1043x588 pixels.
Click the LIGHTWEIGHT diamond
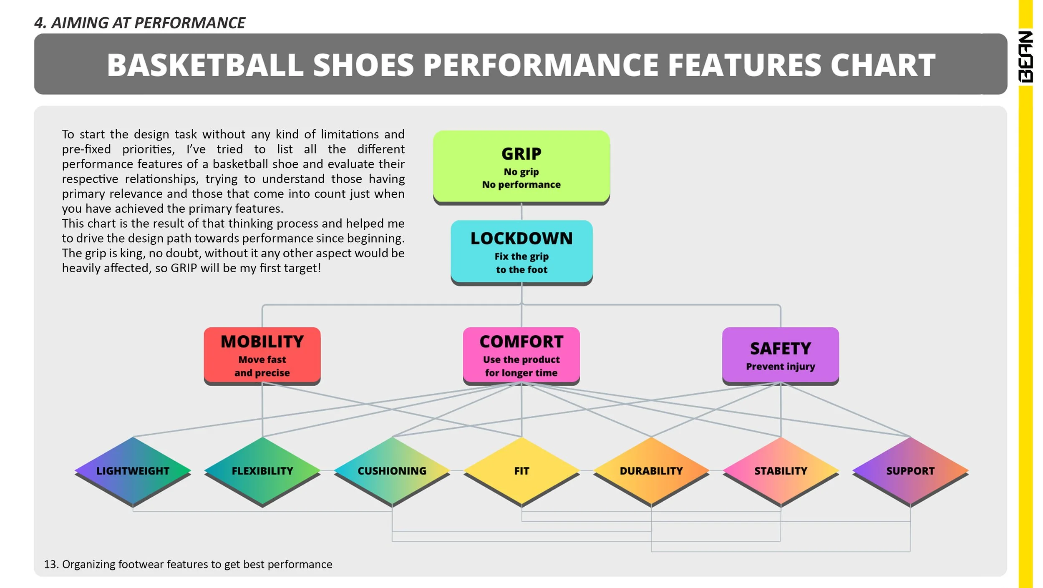pyautogui.click(x=133, y=471)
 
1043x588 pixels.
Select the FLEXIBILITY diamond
pyautogui.click(x=262, y=471)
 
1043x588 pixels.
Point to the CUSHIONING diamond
pyautogui.click(x=392, y=471)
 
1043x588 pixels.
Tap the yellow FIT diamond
pyautogui.click(x=521, y=471)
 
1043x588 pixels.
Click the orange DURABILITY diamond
pyautogui.click(x=651, y=471)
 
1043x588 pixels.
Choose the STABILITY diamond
pyautogui.click(x=781, y=471)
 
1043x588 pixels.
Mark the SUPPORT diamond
pyautogui.click(x=910, y=471)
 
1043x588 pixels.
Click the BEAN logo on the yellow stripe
pyautogui.click(x=1025, y=57)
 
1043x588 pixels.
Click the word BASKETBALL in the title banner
pyautogui.click(x=205, y=65)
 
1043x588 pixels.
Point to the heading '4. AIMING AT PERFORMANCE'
pyautogui.click(x=139, y=23)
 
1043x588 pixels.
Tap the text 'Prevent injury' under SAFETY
pyautogui.click(x=780, y=367)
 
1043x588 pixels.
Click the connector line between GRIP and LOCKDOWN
pyautogui.click(x=521, y=212)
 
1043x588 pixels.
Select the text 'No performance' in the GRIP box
pyautogui.click(x=521, y=185)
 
